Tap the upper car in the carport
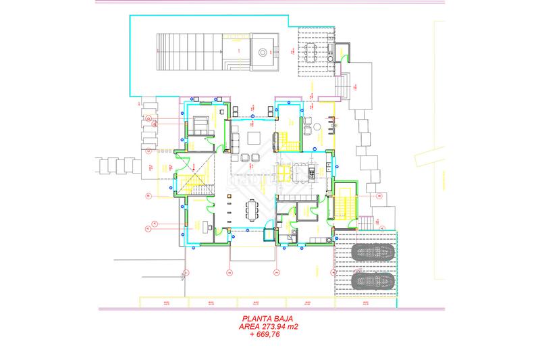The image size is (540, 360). coord(371,255)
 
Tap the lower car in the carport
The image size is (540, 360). coord(371,280)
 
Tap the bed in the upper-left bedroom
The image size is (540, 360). coord(200,124)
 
